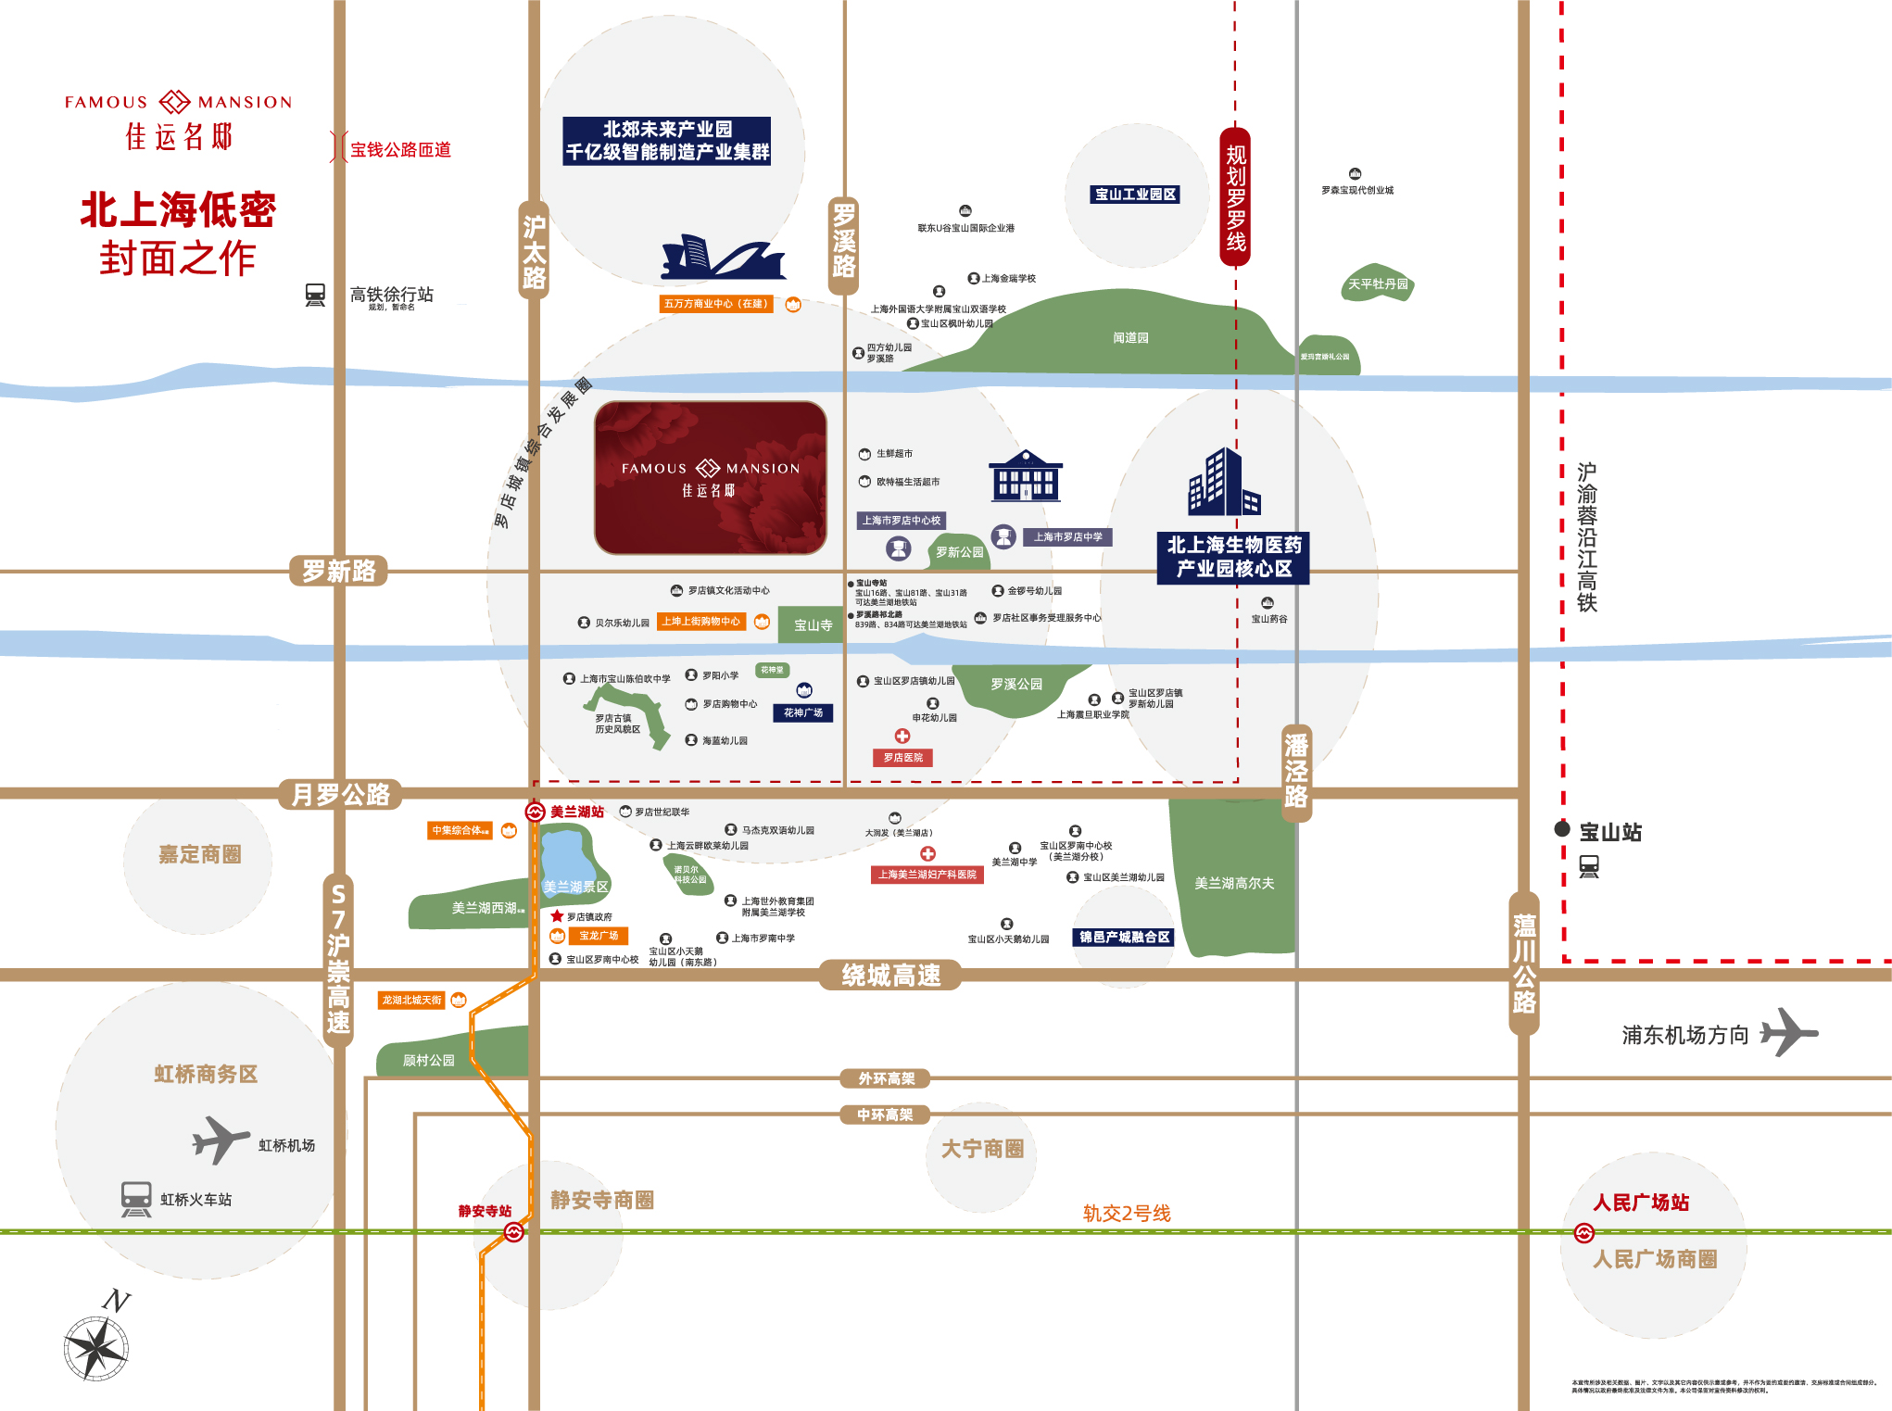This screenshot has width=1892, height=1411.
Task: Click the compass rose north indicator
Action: (x=96, y=1345)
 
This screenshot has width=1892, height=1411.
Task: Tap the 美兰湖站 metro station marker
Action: (x=535, y=813)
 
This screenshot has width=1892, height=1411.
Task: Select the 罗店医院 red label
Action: (x=902, y=758)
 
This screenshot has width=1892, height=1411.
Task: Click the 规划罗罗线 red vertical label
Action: (x=1235, y=197)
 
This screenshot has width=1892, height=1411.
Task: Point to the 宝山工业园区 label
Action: (x=1135, y=195)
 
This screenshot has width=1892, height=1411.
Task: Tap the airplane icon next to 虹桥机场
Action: (x=221, y=1140)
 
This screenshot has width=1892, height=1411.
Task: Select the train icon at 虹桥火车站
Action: (x=136, y=1199)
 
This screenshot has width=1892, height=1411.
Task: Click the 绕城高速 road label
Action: (x=890, y=975)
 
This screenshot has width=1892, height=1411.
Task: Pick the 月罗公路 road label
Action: (x=340, y=795)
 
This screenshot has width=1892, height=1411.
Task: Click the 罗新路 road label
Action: (x=338, y=571)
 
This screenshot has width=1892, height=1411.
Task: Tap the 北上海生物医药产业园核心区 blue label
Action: (x=1233, y=557)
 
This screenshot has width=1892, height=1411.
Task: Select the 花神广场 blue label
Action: (x=802, y=712)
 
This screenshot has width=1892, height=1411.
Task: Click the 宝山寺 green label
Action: (x=813, y=625)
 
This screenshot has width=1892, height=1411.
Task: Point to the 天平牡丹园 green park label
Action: (x=1378, y=283)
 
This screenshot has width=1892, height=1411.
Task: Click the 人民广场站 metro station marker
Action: (x=1584, y=1233)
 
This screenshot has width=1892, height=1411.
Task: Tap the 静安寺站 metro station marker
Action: (x=514, y=1231)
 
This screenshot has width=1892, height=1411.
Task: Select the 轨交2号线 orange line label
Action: (x=1127, y=1213)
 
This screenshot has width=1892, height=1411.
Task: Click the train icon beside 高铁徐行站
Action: (x=315, y=296)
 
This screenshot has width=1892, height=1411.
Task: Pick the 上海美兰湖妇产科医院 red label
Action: (x=927, y=875)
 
